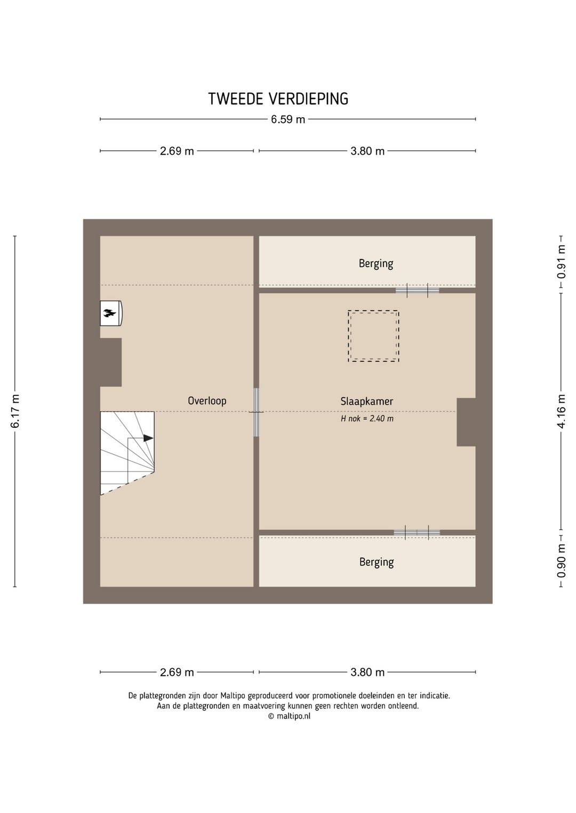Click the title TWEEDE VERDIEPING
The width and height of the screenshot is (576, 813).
tap(278, 99)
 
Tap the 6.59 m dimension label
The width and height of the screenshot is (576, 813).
tap(288, 119)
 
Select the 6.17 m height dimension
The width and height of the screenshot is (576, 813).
tap(15, 411)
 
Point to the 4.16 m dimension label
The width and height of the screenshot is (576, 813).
tap(562, 411)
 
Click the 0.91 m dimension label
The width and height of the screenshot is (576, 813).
tap(562, 262)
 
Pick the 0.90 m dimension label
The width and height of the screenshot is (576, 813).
tap(562, 561)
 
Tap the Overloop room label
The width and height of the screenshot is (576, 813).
tap(207, 401)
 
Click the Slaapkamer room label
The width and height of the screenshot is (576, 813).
tap(367, 401)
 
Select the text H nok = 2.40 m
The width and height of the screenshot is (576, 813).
tap(367, 418)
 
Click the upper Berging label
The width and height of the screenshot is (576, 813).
tap(376, 264)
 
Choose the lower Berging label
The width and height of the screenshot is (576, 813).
tap(377, 562)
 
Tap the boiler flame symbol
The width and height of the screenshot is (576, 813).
tap(110, 313)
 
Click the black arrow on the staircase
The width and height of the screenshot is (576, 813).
tap(148, 438)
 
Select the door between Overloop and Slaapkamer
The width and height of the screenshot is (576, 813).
tap(256, 412)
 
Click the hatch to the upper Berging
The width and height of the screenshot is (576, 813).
tap(417, 290)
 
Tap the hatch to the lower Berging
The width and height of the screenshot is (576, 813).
tap(417, 533)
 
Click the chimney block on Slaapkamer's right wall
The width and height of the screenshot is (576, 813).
tap(466, 422)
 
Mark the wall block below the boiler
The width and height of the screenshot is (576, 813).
tap(111, 362)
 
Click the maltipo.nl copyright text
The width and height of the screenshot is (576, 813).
tap(289, 716)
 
